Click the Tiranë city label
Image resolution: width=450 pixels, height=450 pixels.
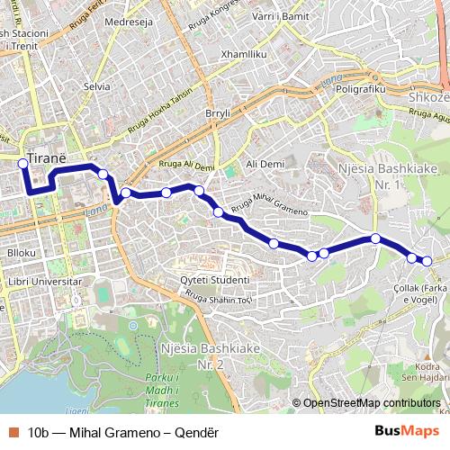pyautogui.click(x=47, y=157)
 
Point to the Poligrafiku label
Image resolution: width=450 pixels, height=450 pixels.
pyautogui.click(x=360, y=90)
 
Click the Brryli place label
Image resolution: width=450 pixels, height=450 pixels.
pyautogui.click(x=218, y=113)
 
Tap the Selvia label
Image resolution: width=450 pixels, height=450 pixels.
pyautogui.click(x=96, y=86)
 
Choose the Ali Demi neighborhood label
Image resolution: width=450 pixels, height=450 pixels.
pyautogui.click(x=265, y=164)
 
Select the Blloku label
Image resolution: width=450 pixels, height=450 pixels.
pyautogui.click(x=22, y=253)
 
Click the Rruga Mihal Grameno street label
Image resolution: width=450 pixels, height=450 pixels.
pyautogui.click(x=269, y=205)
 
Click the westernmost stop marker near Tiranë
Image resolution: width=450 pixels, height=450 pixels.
pyautogui.click(x=22, y=164)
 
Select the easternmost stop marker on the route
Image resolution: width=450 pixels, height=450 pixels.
pyautogui.click(x=427, y=261)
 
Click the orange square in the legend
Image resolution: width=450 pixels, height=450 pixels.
pyautogui.click(x=13, y=432)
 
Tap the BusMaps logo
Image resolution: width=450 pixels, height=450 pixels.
pyautogui.click(x=407, y=431)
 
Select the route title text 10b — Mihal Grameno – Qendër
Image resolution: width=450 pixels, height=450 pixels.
pyautogui.click(x=123, y=432)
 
